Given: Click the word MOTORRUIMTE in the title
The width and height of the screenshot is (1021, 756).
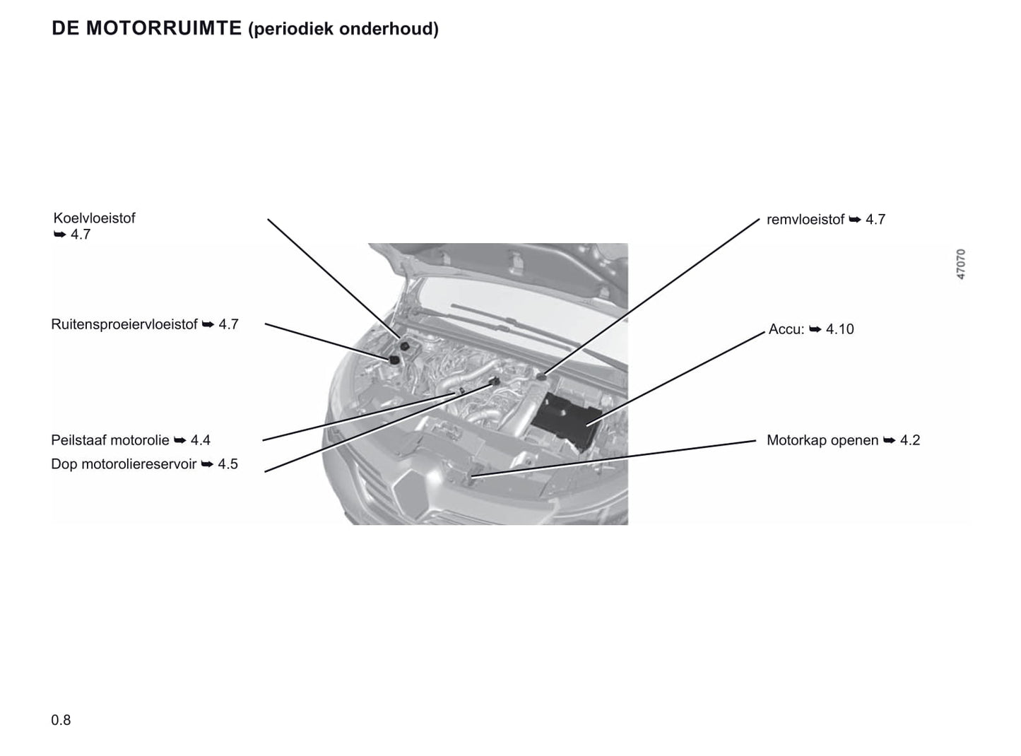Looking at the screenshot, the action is pyautogui.click(x=163, y=28).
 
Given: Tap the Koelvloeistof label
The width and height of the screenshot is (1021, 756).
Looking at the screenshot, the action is pyautogui.click(x=95, y=218).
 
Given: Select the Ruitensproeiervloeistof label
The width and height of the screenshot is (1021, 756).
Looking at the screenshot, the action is pyautogui.click(x=124, y=324).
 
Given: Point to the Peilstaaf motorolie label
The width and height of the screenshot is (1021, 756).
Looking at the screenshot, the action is pyautogui.click(x=110, y=440).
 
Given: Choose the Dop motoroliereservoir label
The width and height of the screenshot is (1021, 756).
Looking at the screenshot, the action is pyautogui.click(x=124, y=463).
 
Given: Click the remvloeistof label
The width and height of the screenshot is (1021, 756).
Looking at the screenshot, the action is pyautogui.click(x=805, y=220).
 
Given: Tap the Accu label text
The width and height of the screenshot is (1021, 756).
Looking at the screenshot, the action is pyautogui.click(x=786, y=329).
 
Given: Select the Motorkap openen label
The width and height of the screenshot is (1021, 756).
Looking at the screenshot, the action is pyautogui.click(x=822, y=440).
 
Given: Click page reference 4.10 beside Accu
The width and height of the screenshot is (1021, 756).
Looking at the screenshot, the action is pyautogui.click(x=840, y=329).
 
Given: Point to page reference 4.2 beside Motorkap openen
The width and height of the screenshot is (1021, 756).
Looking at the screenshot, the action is pyautogui.click(x=910, y=440).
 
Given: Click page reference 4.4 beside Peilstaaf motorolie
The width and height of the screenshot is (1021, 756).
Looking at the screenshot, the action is pyautogui.click(x=200, y=440).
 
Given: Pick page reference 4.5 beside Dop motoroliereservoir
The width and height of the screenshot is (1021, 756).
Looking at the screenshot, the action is pyautogui.click(x=228, y=463).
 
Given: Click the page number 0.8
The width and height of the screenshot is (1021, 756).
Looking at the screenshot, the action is pyautogui.click(x=61, y=720).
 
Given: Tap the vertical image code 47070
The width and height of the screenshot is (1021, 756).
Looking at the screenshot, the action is pyautogui.click(x=961, y=264).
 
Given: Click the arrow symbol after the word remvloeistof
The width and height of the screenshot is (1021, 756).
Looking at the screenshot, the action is pyautogui.click(x=855, y=220).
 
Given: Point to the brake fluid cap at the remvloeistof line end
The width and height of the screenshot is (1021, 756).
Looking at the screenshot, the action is pyautogui.click(x=541, y=377).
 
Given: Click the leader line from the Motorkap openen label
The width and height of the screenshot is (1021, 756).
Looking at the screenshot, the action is pyautogui.click(x=613, y=459).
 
